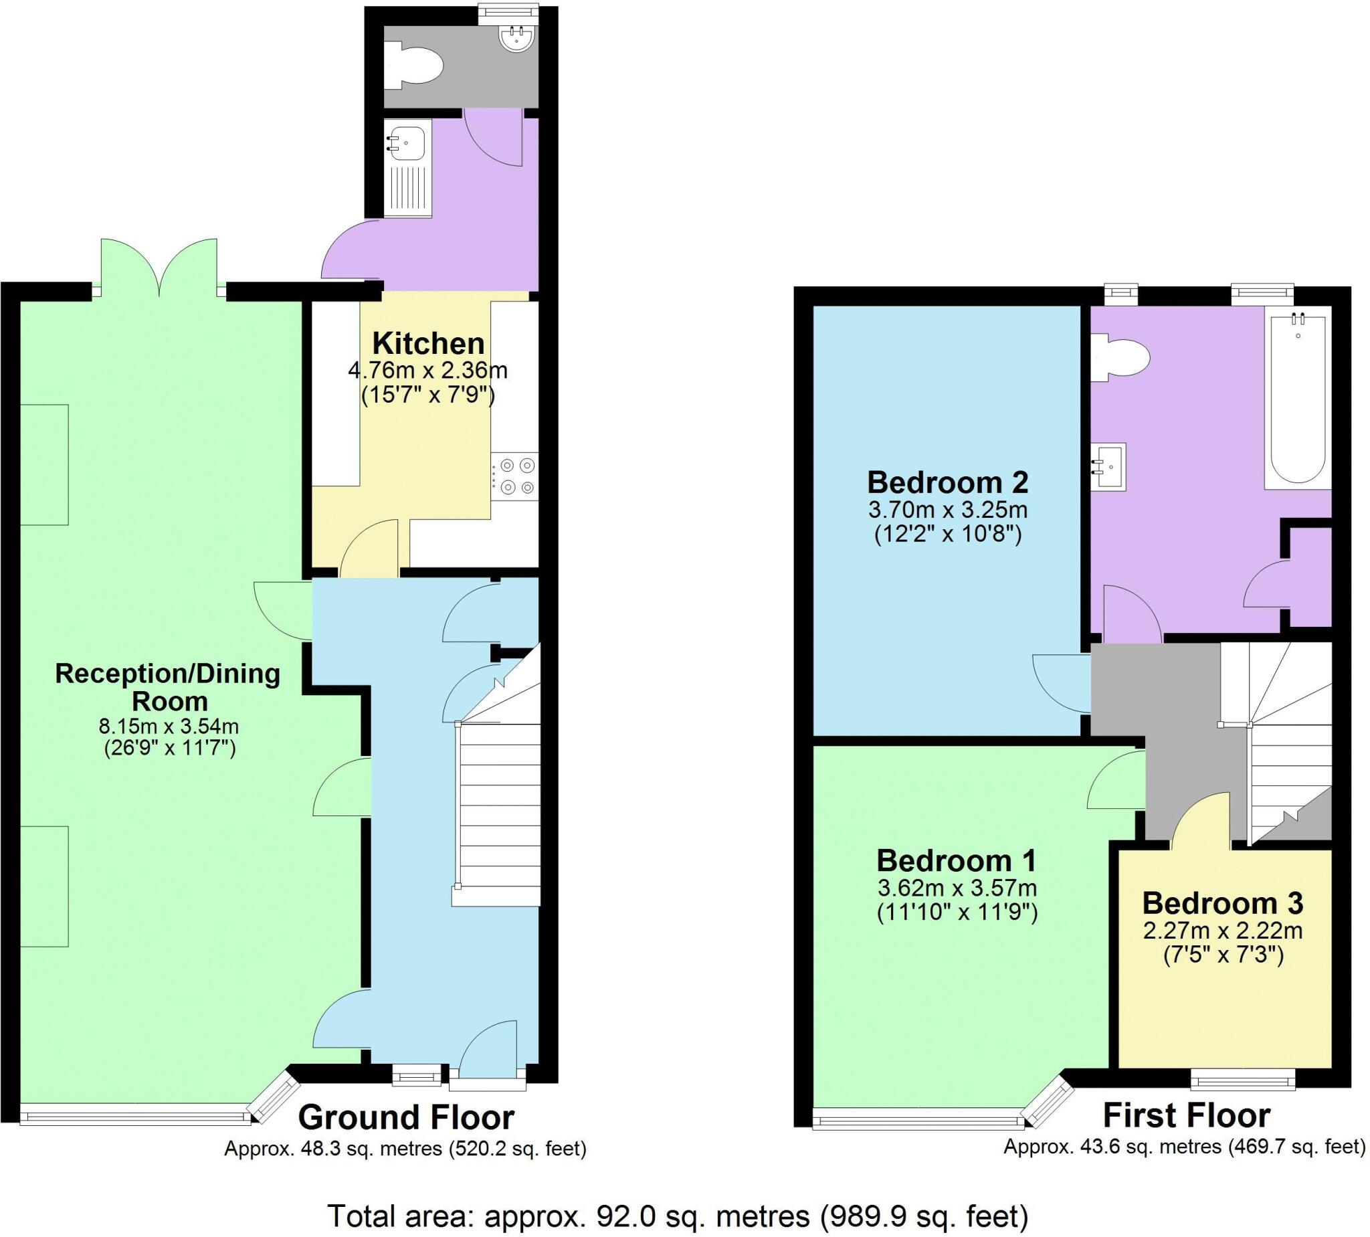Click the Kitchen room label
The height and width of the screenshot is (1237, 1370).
tap(428, 344)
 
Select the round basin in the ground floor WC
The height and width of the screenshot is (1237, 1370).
tap(518, 37)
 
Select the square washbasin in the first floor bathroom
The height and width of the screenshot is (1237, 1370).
tap(1110, 466)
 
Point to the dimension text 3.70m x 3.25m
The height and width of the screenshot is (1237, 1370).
tap(947, 509)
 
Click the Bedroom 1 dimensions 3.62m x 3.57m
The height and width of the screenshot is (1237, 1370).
tap(957, 888)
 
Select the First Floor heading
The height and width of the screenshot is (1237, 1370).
tap(1187, 1116)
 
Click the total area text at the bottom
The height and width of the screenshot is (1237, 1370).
tap(678, 1217)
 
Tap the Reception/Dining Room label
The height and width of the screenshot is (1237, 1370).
tap(168, 687)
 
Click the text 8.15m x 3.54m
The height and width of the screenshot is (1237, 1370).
tap(169, 727)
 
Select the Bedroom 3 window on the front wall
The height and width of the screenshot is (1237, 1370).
tap(1243, 1079)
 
